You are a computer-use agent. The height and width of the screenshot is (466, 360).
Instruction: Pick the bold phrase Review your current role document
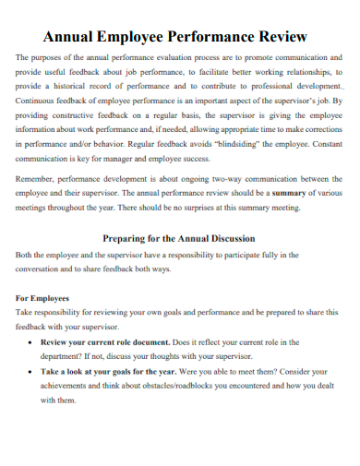click(x=103, y=341)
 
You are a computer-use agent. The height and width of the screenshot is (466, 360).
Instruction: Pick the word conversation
click(x=43, y=269)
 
